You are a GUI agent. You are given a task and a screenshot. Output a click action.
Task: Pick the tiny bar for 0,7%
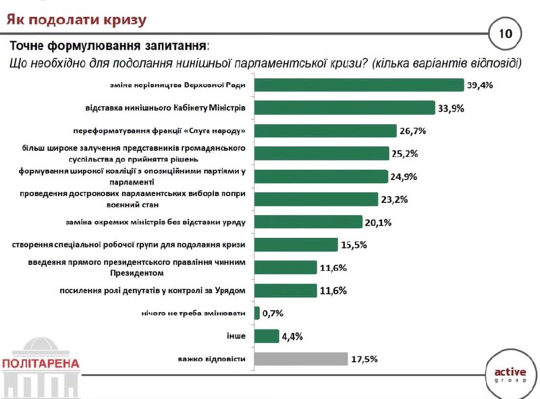pos(257,313)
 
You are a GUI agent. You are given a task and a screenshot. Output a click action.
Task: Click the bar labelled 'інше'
pos(269,336)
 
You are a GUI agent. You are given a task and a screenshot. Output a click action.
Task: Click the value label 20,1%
pos(379,222)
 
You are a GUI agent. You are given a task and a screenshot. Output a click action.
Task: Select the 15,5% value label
pos(354,245)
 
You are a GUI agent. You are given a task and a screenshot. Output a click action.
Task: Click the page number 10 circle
pos(505,33)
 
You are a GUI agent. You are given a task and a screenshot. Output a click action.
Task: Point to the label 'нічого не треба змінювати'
pos(193,313)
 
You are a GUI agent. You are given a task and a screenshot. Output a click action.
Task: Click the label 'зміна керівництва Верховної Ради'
pos(178,86)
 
